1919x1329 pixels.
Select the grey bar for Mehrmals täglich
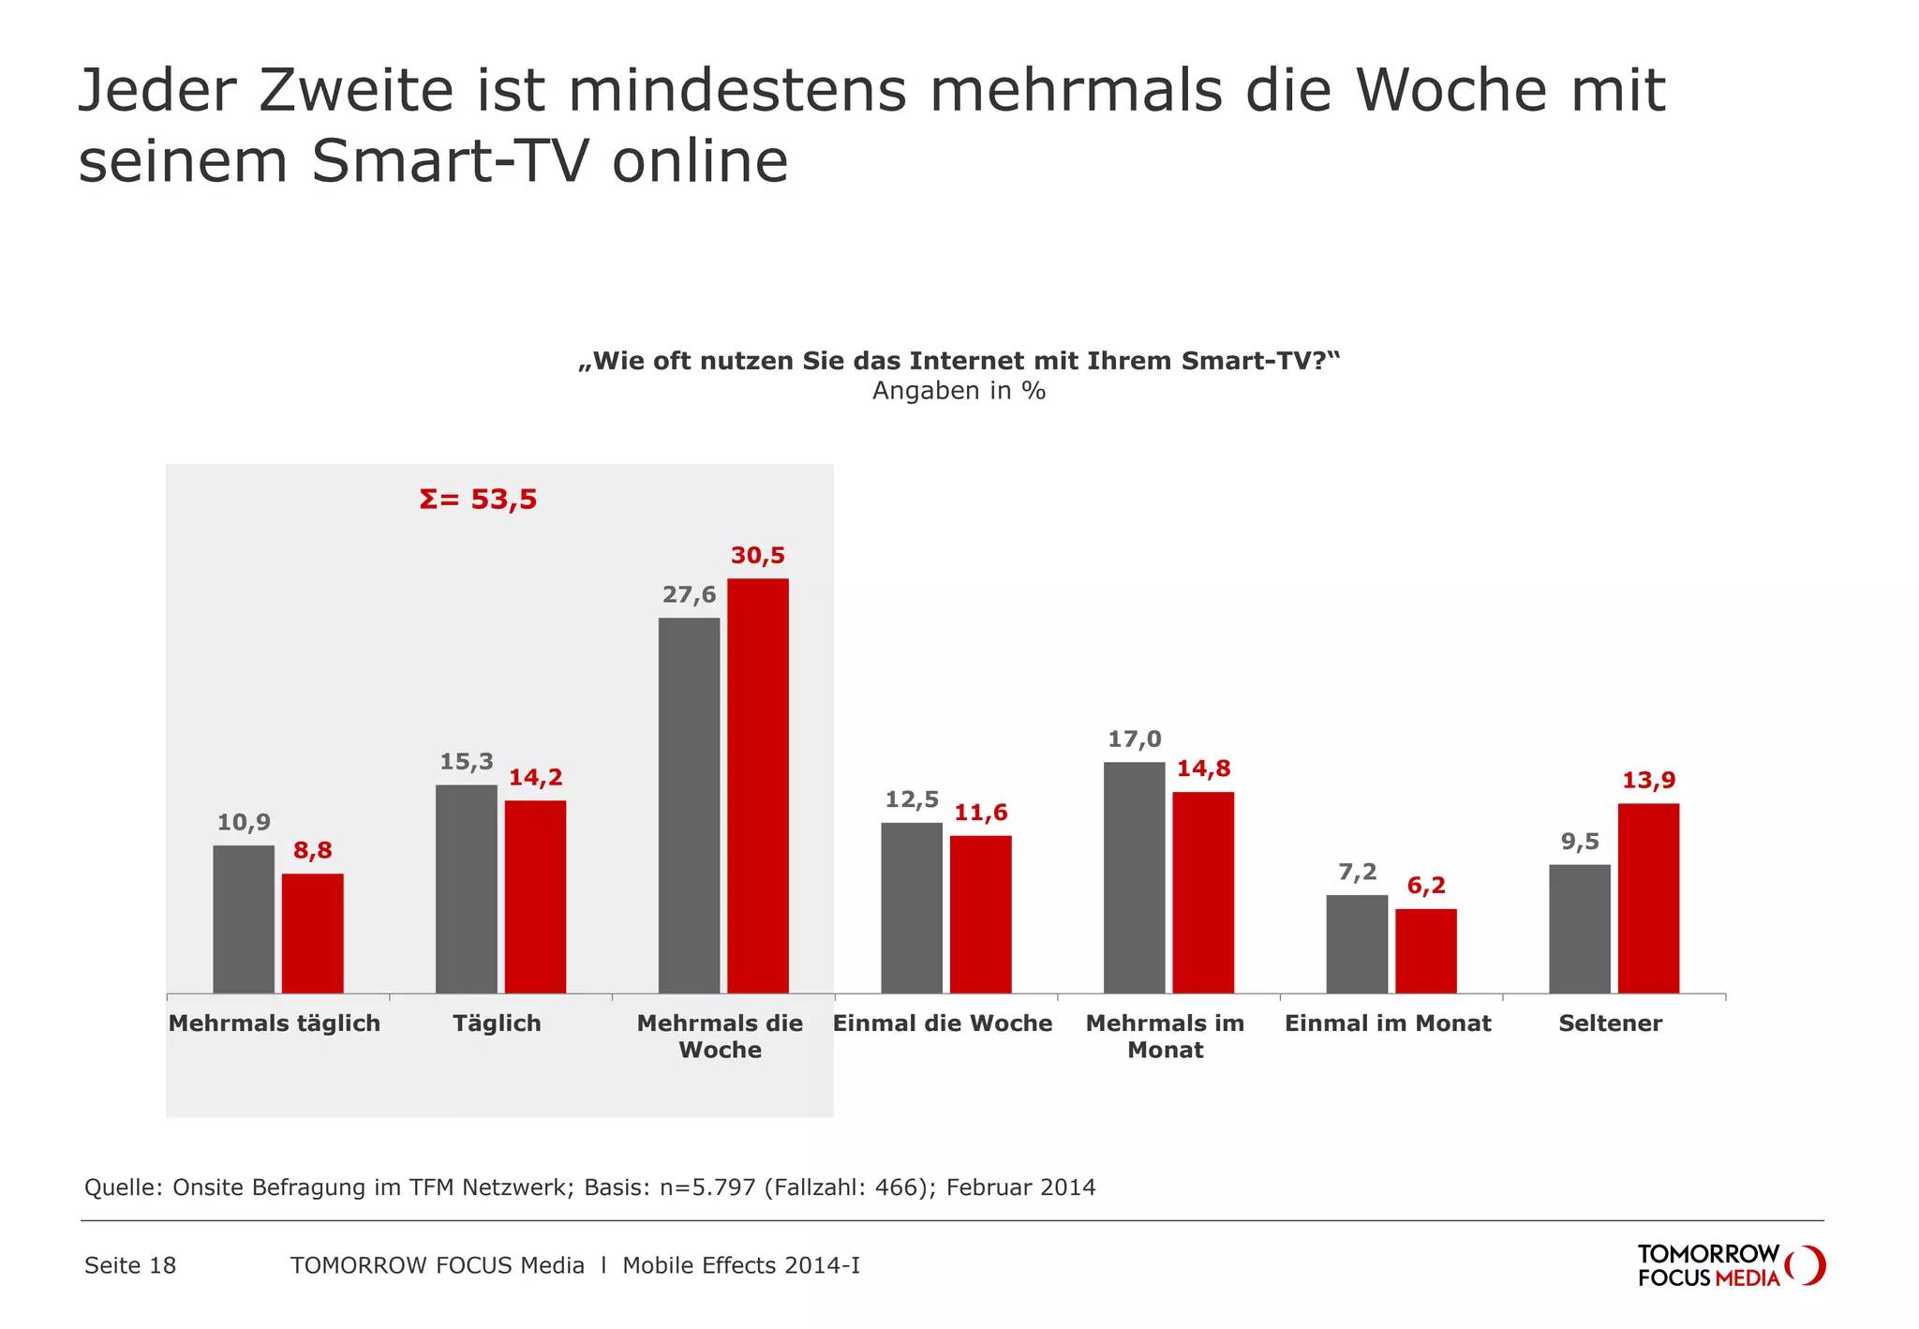(x=244, y=918)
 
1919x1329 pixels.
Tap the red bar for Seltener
(x=1648, y=898)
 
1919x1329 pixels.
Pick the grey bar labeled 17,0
(x=1134, y=877)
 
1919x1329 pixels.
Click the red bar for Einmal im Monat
(x=1425, y=950)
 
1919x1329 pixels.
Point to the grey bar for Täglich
(x=467, y=888)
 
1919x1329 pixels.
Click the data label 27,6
(x=689, y=595)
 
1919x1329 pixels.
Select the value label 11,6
(x=980, y=813)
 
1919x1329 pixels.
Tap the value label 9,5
(x=1580, y=842)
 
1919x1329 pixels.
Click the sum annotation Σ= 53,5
(x=478, y=500)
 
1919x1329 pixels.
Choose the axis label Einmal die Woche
(x=943, y=1023)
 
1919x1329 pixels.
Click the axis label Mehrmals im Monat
(x=1165, y=1037)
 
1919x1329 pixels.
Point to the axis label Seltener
(x=1610, y=1023)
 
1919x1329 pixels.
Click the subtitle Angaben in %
(x=959, y=391)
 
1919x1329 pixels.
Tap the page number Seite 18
(x=130, y=1265)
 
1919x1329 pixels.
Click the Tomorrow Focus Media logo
(x=1730, y=1265)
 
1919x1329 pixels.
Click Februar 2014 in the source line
(x=1020, y=1187)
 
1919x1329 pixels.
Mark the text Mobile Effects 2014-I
(x=740, y=1265)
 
